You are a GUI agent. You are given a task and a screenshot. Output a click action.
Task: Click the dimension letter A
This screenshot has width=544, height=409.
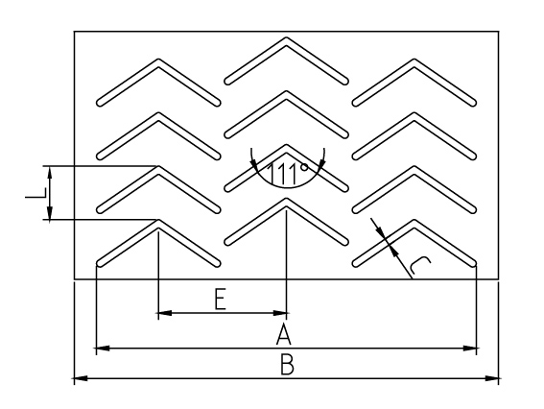(x=283, y=334)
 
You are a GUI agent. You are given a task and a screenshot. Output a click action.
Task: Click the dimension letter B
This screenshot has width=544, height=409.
(x=287, y=364)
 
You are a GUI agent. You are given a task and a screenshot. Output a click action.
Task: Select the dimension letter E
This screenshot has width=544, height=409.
(x=221, y=299)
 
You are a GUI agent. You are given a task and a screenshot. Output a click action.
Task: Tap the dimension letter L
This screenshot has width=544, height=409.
(x=35, y=193)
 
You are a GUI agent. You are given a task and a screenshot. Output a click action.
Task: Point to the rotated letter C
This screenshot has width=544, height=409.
(x=419, y=266)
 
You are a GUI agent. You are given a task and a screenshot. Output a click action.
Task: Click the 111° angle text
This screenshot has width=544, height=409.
(x=287, y=173)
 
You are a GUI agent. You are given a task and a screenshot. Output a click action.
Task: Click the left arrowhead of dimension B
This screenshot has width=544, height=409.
(x=81, y=378)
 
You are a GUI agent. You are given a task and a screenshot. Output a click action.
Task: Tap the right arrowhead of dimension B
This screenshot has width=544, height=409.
(x=492, y=378)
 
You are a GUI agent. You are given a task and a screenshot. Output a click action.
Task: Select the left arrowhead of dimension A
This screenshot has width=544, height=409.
(x=103, y=348)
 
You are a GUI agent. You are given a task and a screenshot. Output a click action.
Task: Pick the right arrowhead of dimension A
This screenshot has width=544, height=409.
(x=470, y=348)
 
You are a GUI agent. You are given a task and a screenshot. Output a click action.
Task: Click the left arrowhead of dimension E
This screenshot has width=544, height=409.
(x=165, y=313)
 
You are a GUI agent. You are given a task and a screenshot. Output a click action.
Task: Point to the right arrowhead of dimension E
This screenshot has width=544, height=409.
(x=279, y=313)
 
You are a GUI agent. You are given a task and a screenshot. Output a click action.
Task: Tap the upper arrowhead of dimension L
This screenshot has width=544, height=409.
(x=50, y=173)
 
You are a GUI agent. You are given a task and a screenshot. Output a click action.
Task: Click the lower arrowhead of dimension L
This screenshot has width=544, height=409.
(x=50, y=213)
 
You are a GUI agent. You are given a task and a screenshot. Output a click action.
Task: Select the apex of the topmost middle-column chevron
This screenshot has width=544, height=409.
(x=286, y=37)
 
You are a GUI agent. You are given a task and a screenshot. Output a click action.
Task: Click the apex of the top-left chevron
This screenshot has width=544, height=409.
(x=158, y=60)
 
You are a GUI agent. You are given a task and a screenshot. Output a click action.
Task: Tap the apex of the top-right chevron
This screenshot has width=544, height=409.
(x=414, y=60)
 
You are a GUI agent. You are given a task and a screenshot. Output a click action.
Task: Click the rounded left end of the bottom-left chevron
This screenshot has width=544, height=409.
(x=100, y=263)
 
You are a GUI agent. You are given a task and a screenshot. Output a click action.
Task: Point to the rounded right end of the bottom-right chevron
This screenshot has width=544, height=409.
(x=473, y=263)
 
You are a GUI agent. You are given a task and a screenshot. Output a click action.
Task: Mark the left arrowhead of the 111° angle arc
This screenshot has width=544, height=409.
(x=254, y=165)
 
